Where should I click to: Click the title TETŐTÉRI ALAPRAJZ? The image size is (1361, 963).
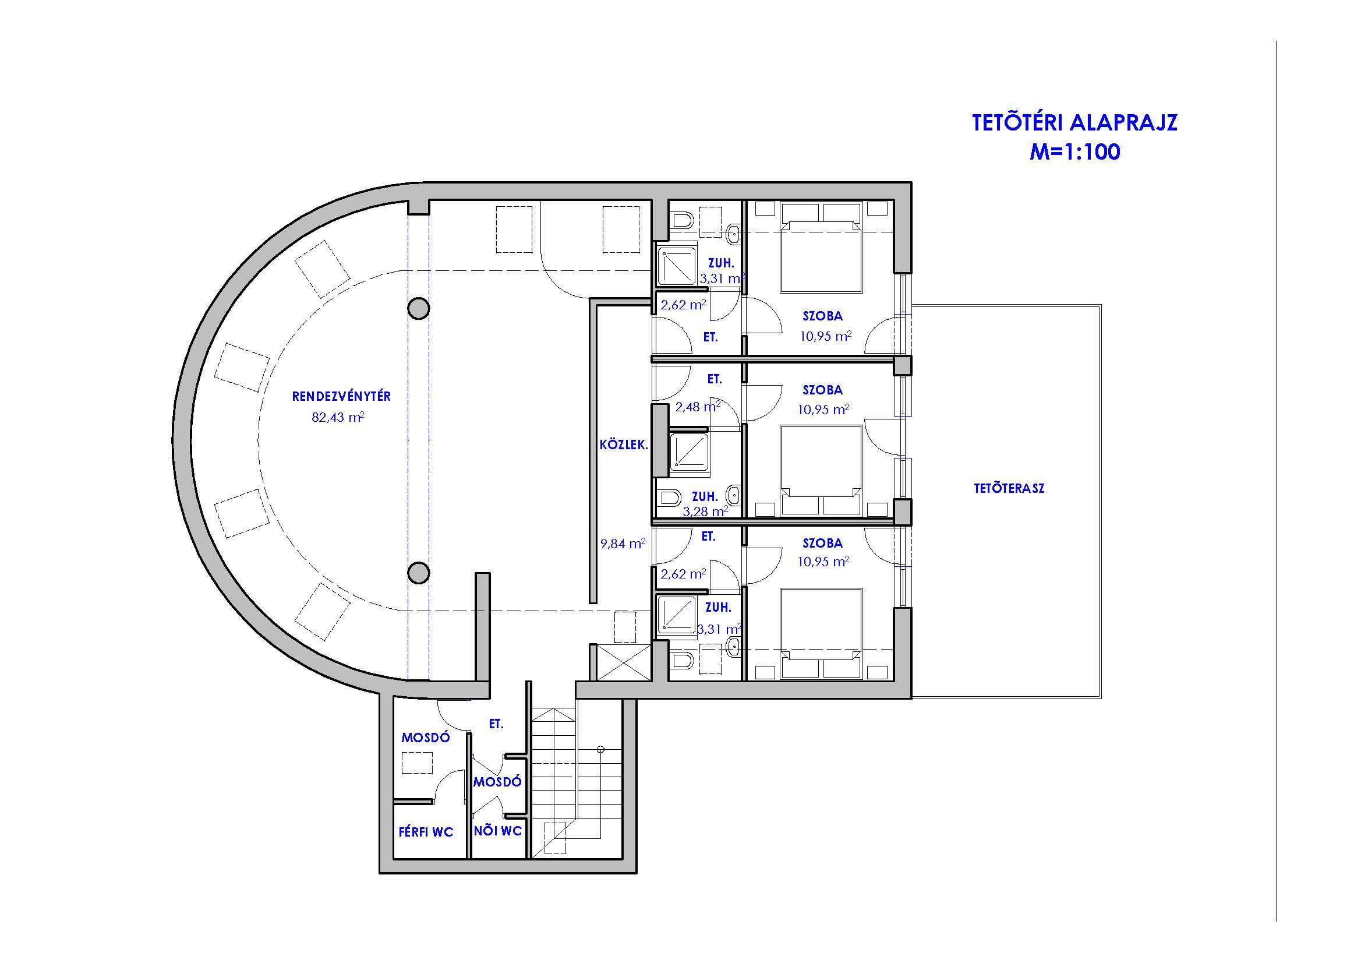coord(1074,122)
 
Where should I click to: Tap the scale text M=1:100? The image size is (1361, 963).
coord(1074,152)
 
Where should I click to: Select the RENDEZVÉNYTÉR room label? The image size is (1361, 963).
coord(341,396)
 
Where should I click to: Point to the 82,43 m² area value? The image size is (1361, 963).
coord(338,418)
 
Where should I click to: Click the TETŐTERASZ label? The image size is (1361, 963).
coord(1009,488)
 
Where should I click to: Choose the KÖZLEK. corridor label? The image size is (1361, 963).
coord(624,445)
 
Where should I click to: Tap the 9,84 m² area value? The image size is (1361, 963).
coord(623,543)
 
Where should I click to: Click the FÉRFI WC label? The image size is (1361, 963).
coord(426,832)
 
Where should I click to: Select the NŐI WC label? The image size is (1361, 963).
coord(498,831)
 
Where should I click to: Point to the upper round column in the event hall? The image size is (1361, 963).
coord(419,308)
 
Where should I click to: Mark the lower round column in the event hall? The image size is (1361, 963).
coord(419,573)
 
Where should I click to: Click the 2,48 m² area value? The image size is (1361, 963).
coord(698,407)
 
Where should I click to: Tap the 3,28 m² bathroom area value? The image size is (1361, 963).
coord(705,511)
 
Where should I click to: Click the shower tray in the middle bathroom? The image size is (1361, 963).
coord(690,453)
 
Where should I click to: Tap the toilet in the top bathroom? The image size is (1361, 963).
coord(682,221)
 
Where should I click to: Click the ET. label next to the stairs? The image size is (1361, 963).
coord(496,724)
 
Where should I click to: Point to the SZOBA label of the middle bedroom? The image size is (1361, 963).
coord(823,390)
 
